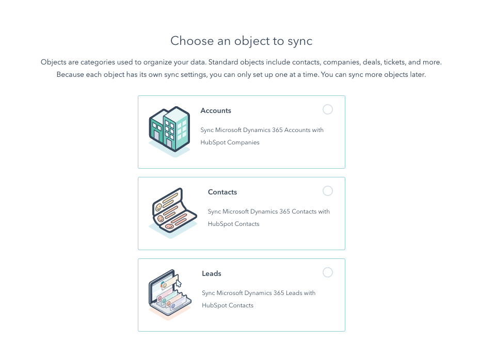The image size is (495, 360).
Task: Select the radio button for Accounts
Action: [327, 109]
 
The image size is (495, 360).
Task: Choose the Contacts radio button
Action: [327, 191]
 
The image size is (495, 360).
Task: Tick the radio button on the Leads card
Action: [327, 272]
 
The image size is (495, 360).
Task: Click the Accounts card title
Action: [216, 111]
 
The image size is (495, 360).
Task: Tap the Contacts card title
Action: [222, 192]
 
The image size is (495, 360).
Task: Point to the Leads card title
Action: [212, 274]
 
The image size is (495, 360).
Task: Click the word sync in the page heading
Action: [299, 41]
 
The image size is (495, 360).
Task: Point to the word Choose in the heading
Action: [189, 41]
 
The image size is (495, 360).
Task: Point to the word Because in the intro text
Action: [71, 75]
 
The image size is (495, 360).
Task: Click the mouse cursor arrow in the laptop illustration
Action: [179, 283]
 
